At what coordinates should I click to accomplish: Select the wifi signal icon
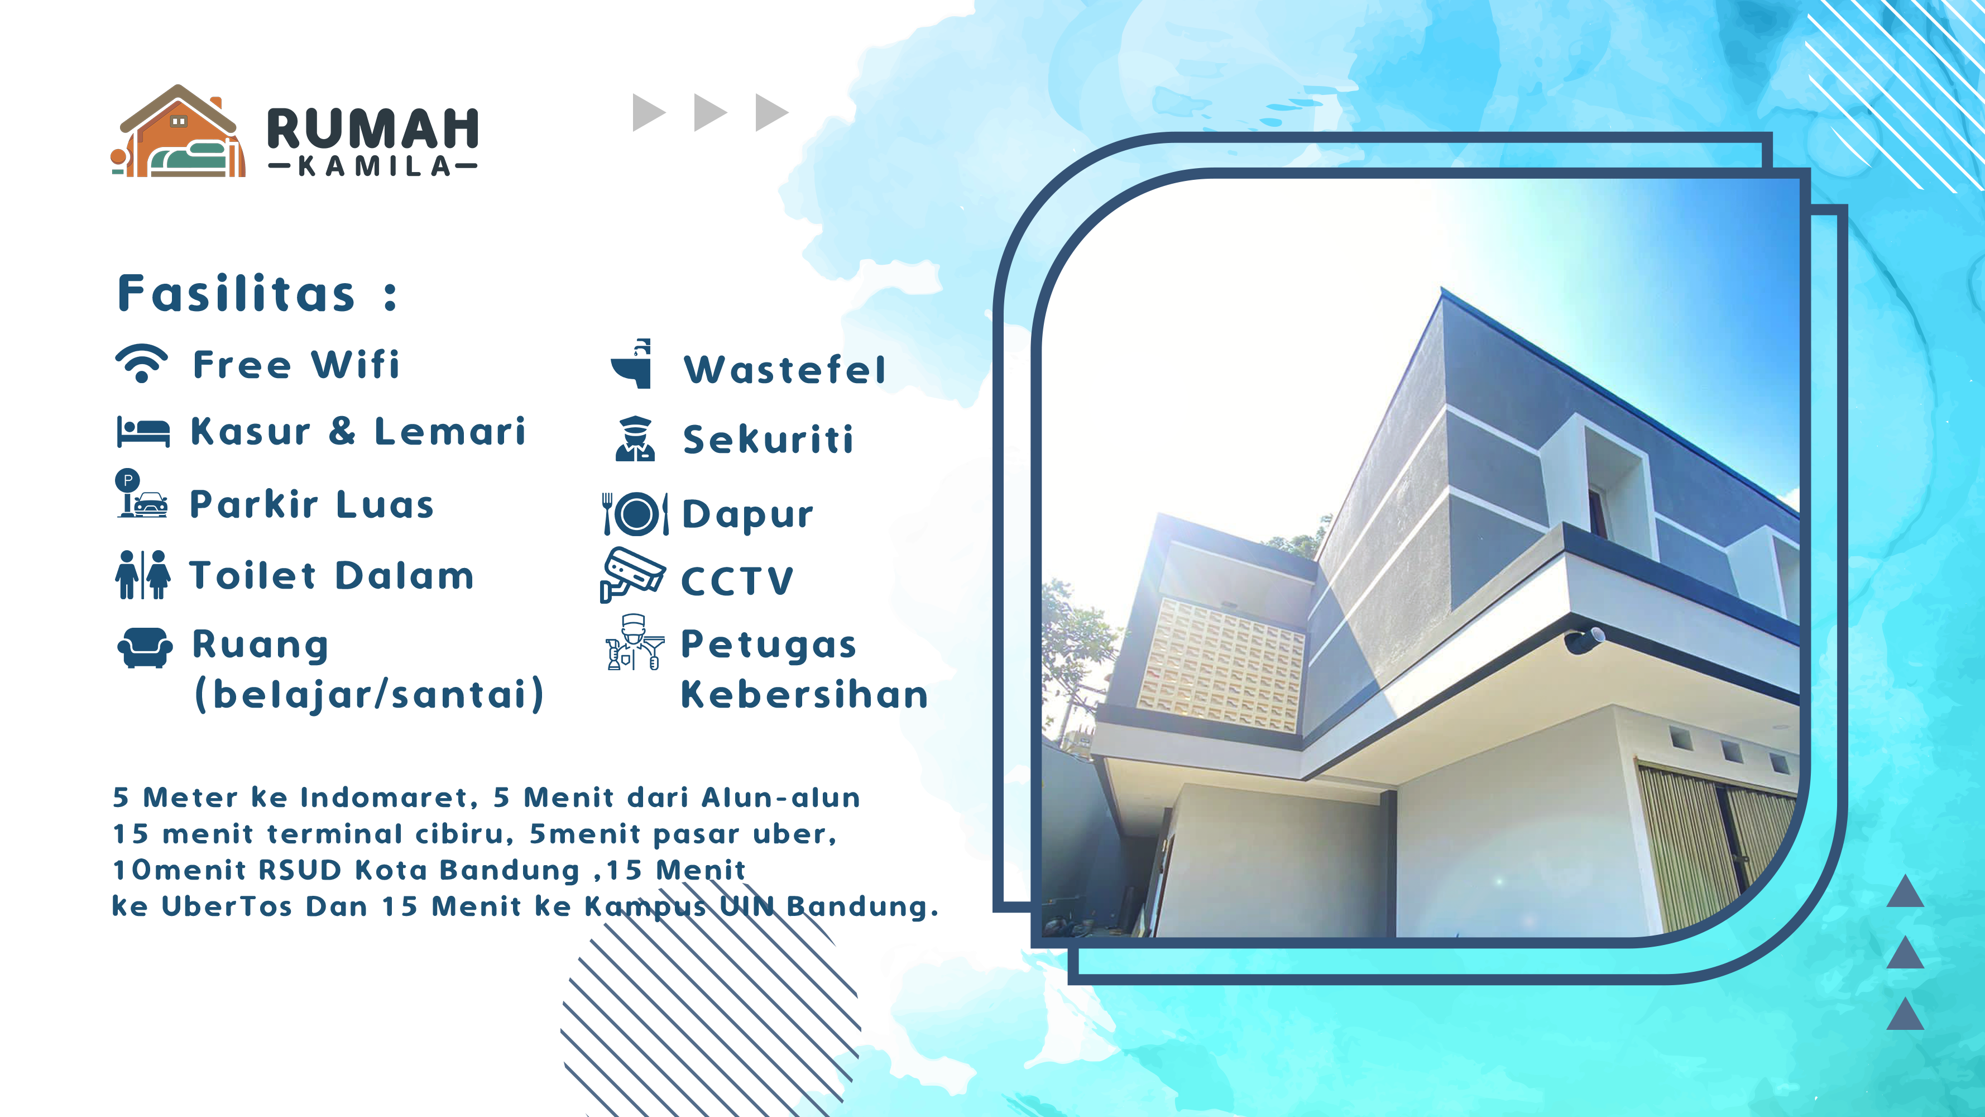141,363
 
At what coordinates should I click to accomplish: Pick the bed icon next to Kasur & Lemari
143,432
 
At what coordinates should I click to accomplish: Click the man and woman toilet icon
142,575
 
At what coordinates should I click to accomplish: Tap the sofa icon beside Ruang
145,647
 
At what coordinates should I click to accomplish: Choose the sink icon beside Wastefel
632,364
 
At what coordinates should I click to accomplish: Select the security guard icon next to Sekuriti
635,438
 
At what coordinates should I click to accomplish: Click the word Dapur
747,515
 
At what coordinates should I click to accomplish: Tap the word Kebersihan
804,695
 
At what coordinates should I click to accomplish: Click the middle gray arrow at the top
709,113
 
